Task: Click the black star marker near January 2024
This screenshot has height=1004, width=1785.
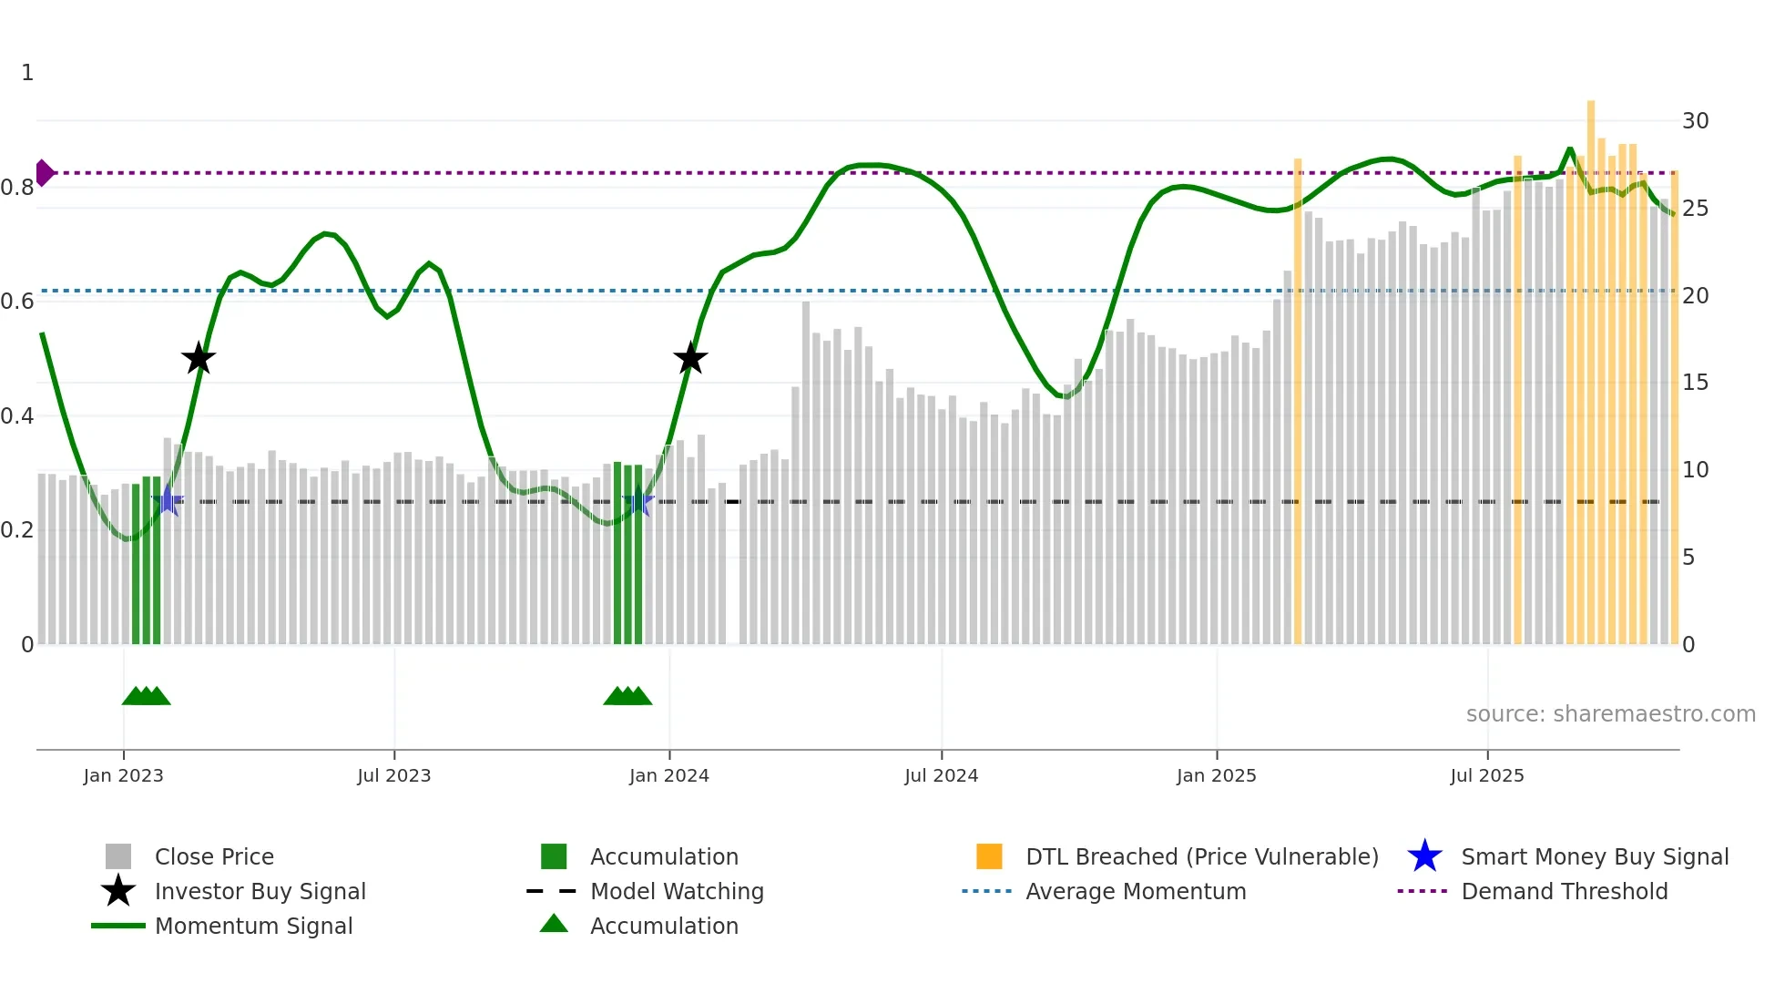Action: click(690, 358)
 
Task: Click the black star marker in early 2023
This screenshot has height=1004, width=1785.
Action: click(198, 358)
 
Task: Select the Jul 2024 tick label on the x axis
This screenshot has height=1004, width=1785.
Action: click(941, 775)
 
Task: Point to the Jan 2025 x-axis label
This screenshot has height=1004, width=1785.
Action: click(1216, 775)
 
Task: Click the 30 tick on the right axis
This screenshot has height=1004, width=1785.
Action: click(1695, 120)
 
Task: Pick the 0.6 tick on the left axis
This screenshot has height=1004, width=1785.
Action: click(17, 302)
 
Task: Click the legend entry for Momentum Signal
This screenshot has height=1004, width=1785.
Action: click(253, 926)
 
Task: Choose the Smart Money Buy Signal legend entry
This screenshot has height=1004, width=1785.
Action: click(1594, 856)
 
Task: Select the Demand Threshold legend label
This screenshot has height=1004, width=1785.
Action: click(1564, 891)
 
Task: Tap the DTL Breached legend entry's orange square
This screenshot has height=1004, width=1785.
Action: click(988, 856)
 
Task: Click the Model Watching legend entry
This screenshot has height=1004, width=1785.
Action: click(676, 891)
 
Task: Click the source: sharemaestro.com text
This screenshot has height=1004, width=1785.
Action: click(1610, 713)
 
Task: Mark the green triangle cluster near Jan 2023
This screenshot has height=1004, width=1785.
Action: click(146, 696)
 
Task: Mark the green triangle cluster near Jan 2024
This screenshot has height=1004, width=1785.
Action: click(627, 696)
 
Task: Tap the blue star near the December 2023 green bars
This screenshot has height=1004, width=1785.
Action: click(638, 501)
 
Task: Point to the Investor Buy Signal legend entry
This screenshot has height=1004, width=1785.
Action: click(260, 891)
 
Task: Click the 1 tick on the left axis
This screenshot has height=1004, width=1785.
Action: click(27, 73)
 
